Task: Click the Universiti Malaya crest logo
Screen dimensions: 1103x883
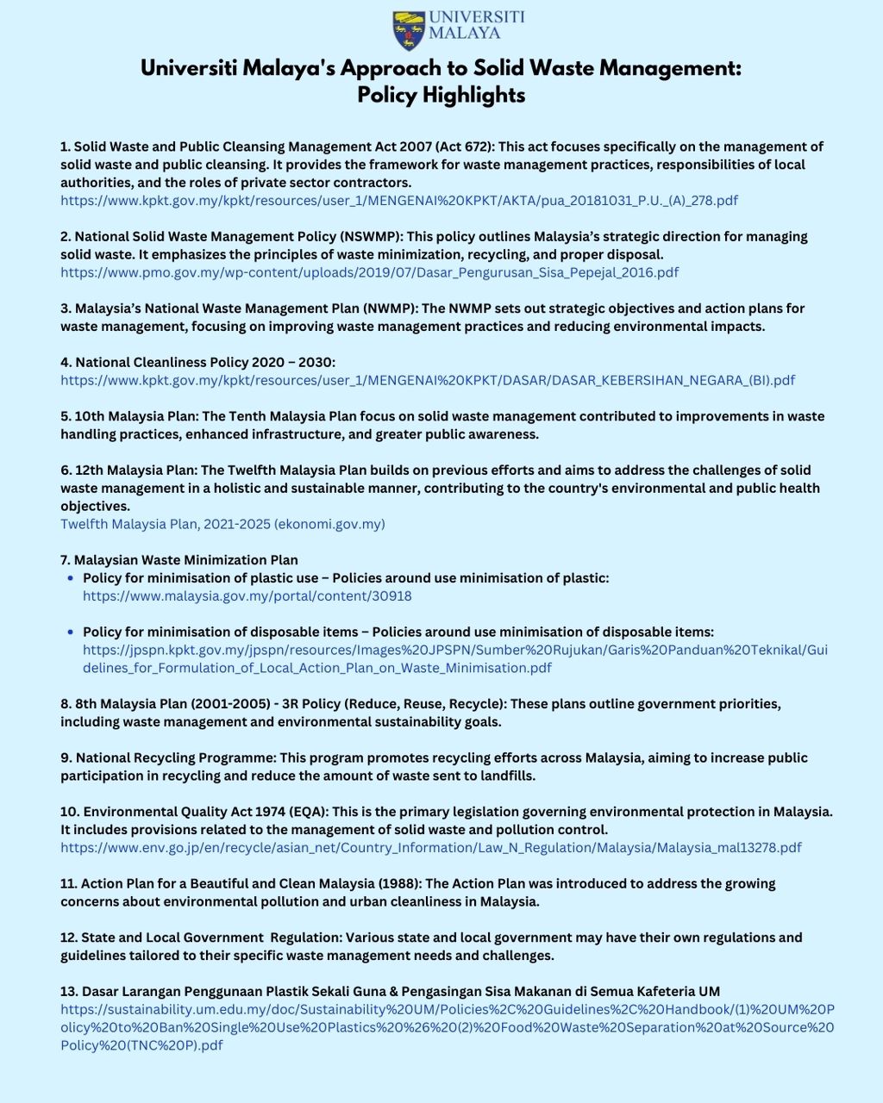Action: click(x=409, y=30)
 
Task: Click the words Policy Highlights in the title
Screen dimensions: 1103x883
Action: click(x=441, y=95)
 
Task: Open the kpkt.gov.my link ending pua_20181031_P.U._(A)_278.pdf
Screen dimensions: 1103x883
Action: click(x=398, y=200)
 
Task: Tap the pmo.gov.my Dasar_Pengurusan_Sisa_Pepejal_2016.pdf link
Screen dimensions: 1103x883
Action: click(x=369, y=272)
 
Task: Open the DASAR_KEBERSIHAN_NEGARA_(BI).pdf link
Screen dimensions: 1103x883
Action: click(x=427, y=380)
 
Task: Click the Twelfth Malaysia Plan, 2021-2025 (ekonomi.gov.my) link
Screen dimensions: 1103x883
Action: click(x=222, y=524)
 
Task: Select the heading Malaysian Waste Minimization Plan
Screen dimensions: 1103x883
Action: click(x=185, y=560)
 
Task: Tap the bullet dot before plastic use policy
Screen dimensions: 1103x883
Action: click(x=71, y=578)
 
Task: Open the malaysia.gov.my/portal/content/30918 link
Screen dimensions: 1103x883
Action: click(x=247, y=596)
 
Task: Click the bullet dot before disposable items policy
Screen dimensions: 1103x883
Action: click(x=71, y=632)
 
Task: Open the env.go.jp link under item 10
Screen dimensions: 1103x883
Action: click(x=430, y=848)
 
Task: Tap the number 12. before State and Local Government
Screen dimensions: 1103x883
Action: click(x=69, y=938)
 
